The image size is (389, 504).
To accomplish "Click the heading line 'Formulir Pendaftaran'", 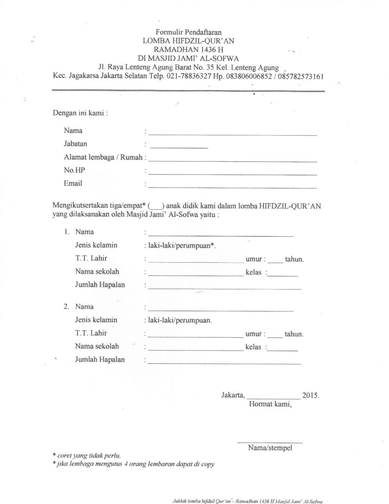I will pyautogui.click(x=188, y=32).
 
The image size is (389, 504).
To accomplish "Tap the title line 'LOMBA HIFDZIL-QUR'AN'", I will pyautogui.click(x=188, y=41).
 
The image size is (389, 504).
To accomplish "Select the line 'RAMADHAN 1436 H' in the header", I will pyautogui.click(x=188, y=50).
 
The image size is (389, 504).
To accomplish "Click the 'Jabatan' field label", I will pyautogui.click(x=76, y=144).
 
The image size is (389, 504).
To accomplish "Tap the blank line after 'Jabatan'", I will pyautogui.click(x=179, y=146).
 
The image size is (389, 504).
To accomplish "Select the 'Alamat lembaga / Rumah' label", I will pyautogui.click(x=103, y=157).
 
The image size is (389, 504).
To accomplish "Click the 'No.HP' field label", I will pyautogui.click(x=74, y=170).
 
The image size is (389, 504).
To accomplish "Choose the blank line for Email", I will pyautogui.click(x=233, y=187).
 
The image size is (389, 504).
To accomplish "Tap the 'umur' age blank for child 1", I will pyautogui.click(x=275, y=262).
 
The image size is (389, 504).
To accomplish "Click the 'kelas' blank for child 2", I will pyautogui.click(x=283, y=349).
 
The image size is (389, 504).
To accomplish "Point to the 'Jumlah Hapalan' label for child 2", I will pyautogui.click(x=100, y=360).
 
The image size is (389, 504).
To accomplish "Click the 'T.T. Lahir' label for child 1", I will pyautogui.click(x=91, y=258).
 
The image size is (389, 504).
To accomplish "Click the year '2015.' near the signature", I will pyautogui.click(x=310, y=396).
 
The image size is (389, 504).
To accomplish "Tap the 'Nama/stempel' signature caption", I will pyautogui.click(x=270, y=448).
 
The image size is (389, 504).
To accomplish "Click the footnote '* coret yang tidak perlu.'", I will pyautogui.click(x=87, y=456).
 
